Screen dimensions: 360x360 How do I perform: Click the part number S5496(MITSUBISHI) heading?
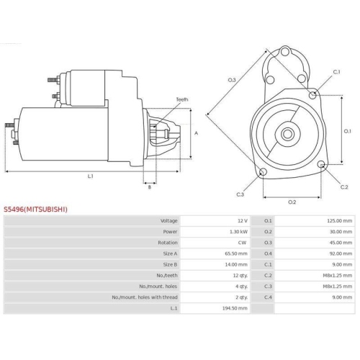click(x=36, y=210)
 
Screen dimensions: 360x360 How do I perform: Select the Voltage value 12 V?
click(x=242, y=220)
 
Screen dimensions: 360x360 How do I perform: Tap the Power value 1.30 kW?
click(x=239, y=231)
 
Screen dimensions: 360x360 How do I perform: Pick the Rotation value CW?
click(x=243, y=242)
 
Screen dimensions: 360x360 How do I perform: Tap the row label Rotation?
click(x=167, y=242)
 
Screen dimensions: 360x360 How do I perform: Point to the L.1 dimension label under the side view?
click(x=91, y=176)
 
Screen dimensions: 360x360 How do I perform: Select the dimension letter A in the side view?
click(x=196, y=134)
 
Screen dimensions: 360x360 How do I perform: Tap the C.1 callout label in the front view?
click(x=337, y=73)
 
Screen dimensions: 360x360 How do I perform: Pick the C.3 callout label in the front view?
click(x=240, y=194)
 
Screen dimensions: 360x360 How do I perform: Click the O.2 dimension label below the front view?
click(x=292, y=202)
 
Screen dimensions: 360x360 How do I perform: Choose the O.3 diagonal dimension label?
click(x=232, y=79)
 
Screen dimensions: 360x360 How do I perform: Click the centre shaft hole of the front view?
click(x=287, y=134)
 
